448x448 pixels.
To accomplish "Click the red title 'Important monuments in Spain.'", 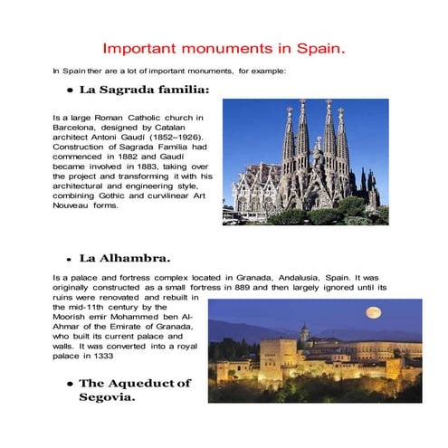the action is click(224, 46).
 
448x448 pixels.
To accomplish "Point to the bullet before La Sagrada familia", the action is click(69, 91).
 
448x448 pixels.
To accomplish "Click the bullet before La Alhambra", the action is click(69, 260).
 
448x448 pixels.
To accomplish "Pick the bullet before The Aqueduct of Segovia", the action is click(69, 384).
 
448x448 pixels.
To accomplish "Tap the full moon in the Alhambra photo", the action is click(372, 312).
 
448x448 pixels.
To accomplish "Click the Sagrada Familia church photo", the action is click(305, 161).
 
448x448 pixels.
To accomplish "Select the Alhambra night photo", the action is click(314, 345).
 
